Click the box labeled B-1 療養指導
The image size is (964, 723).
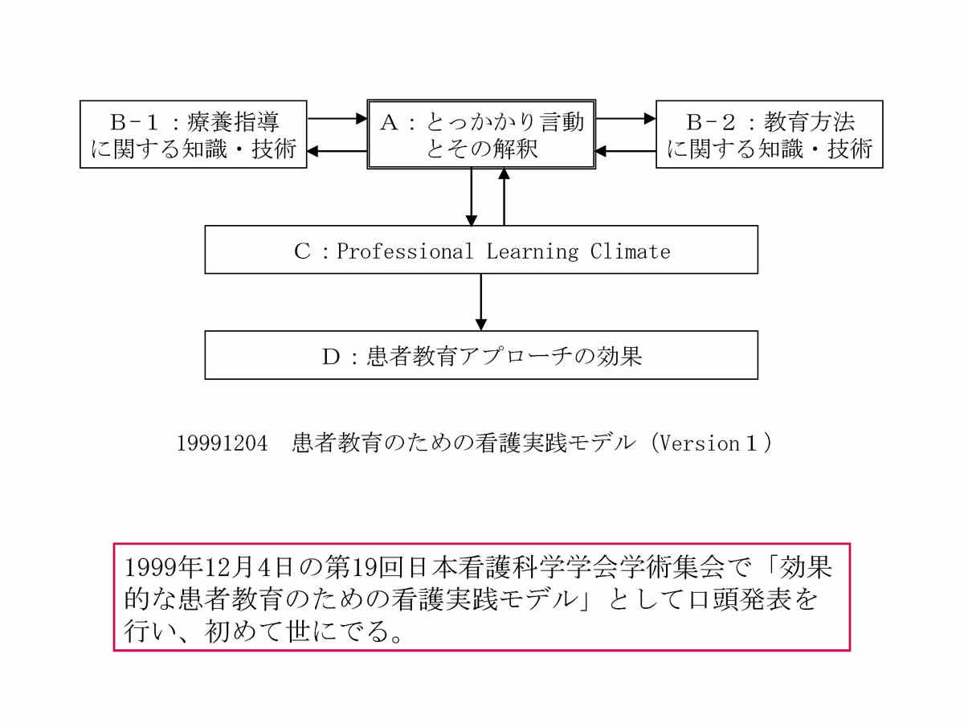pyautogui.click(x=193, y=134)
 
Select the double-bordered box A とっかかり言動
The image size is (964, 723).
pyautogui.click(x=481, y=134)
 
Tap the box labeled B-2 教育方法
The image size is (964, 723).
pyautogui.click(x=769, y=134)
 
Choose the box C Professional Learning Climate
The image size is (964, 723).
pyautogui.click(x=481, y=250)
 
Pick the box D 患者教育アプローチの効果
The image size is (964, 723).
pyautogui.click(x=481, y=355)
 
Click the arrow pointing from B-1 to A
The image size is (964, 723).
pyautogui.click(x=337, y=119)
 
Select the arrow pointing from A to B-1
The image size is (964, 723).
pyautogui.click(x=337, y=150)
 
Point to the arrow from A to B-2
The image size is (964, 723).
pyautogui.click(x=626, y=119)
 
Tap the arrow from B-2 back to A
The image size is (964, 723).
pyautogui.click(x=626, y=150)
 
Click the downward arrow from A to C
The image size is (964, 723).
pyautogui.click(x=472, y=197)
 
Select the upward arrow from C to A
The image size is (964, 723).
pyautogui.click(x=504, y=197)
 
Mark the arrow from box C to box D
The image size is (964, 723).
pyautogui.click(x=481, y=302)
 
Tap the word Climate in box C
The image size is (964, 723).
pyautogui.click(x=630, y=251)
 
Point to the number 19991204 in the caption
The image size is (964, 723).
pyautogui.click(x=222, y=444)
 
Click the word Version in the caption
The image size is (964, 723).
pyautogui.click(x=694, y=444)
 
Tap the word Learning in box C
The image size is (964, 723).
pyautogui.click(x=532, y=251)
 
